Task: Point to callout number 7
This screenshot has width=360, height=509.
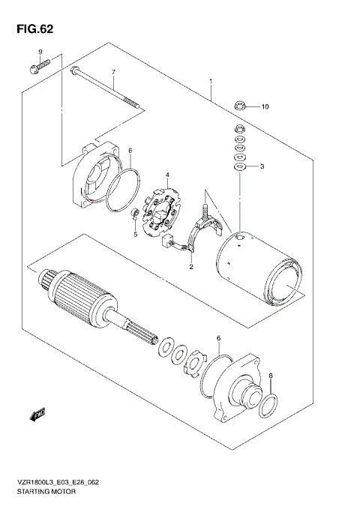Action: [x=113, y=73]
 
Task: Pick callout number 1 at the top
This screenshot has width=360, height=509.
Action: [x=211, y=81]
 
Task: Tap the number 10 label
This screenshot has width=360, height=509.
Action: [x=263, y=107]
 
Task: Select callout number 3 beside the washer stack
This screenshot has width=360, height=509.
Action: [x=262, y=166]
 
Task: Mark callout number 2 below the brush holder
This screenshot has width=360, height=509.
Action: [x=191, y=266]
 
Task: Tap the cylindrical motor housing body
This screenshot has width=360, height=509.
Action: [x=255, y=270]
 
